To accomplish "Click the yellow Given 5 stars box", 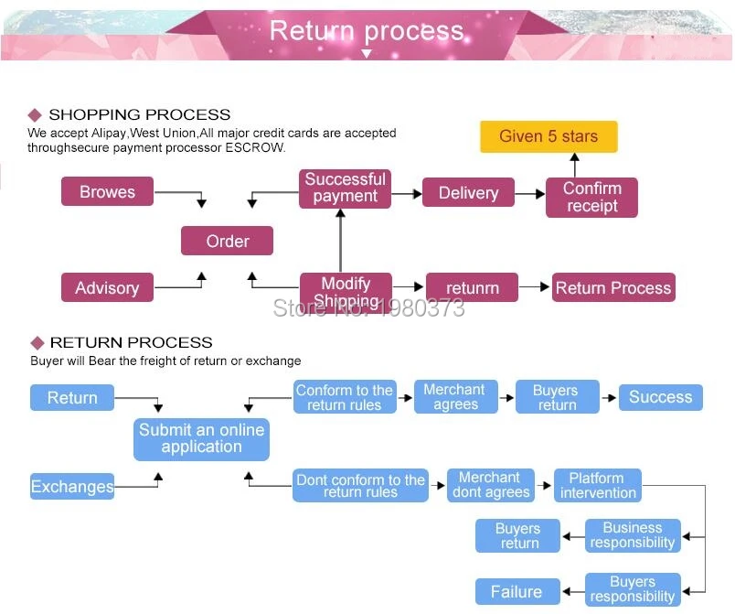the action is (x=549, y=136).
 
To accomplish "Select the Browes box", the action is (x=107, y=191).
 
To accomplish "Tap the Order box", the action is (x=228, y=241).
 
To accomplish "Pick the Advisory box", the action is (x=107, y=287).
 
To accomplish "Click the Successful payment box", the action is (x=345, y=189).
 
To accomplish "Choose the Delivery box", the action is (x=468, y=192).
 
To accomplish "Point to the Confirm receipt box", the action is (x=591, y=198).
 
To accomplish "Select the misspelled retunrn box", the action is (x=472, y=287).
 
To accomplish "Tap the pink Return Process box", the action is (x=613, y=287).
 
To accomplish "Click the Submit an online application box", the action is (x=201, y=439).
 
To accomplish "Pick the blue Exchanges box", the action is (x=72, y=486).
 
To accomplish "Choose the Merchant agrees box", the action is (x=455, y=397).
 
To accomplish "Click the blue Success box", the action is (x=660, y=397).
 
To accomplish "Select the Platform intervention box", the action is (x=598, y=486).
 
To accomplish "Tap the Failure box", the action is (x=517, y=591).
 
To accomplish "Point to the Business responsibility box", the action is (x=633, y=535).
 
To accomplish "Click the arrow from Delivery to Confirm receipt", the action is (x=529, y=193).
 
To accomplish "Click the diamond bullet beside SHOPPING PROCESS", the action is (x=35, y=115).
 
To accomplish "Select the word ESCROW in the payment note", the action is (x=254, y=147).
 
